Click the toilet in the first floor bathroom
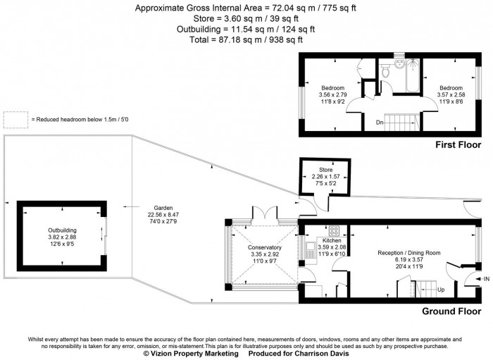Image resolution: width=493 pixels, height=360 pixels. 385,71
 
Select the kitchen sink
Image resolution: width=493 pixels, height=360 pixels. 311,249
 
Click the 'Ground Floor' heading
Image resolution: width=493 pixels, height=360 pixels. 451,311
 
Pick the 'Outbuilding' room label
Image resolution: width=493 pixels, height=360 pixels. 61,230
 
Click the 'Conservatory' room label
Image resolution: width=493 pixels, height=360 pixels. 264,248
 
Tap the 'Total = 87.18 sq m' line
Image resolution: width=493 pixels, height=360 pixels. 246,39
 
